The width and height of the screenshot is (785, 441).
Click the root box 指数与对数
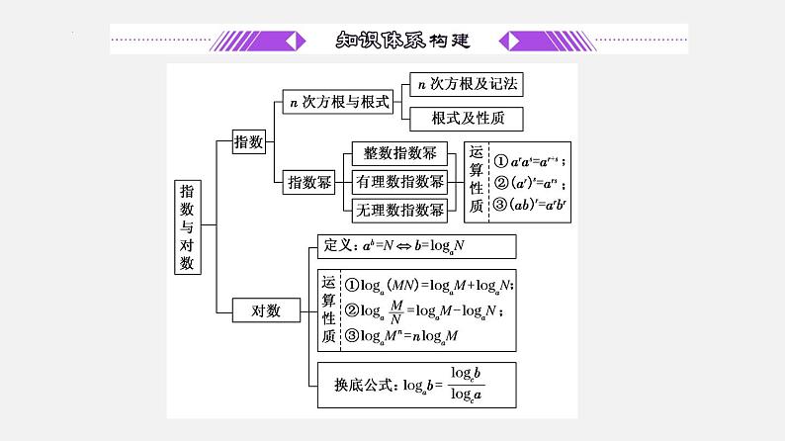tap(188, 226)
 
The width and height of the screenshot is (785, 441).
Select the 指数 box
tap(247, 142)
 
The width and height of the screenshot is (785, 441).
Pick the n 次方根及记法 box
tap(465, 85)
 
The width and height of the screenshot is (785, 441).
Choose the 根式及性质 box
tap(465, 120)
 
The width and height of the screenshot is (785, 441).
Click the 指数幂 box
tap(308, 182)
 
